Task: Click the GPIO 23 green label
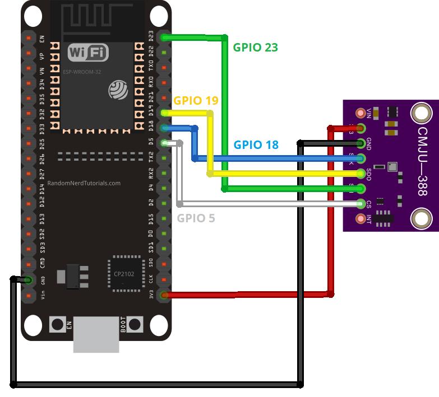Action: [x=256, y=47]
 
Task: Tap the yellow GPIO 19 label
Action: [x=196, y=100]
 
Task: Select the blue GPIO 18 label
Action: [x=256, y=144]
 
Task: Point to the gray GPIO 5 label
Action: [x=196, y=218]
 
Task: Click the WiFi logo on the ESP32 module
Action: [x=88, y=53]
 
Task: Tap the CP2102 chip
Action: [x=126, y=274]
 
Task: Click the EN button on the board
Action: [x=58, y=324]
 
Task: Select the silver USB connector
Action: [x=96, y=334]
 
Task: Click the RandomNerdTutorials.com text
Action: [x=84, y=183]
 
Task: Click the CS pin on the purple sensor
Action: [x=361, y=204]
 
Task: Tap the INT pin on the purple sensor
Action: [x=361, y=219]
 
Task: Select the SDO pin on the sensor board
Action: [x=361, y=172]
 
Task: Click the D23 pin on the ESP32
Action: [x=164, y=38]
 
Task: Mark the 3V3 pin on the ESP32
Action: [x=164, y=295]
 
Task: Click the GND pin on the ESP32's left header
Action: [x=27, y=279]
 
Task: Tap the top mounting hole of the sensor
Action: [x=420, y=113]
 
